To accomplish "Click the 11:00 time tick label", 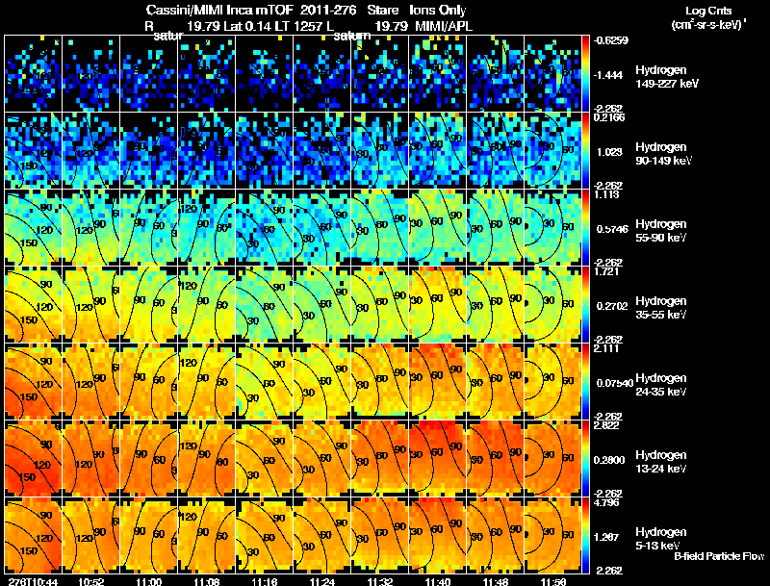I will click(x=149, y=581).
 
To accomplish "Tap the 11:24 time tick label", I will click(x=324, y=581).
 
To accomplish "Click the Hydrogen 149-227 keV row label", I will click(x=667, y=77).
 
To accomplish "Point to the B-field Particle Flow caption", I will click(x=718, y=556).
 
